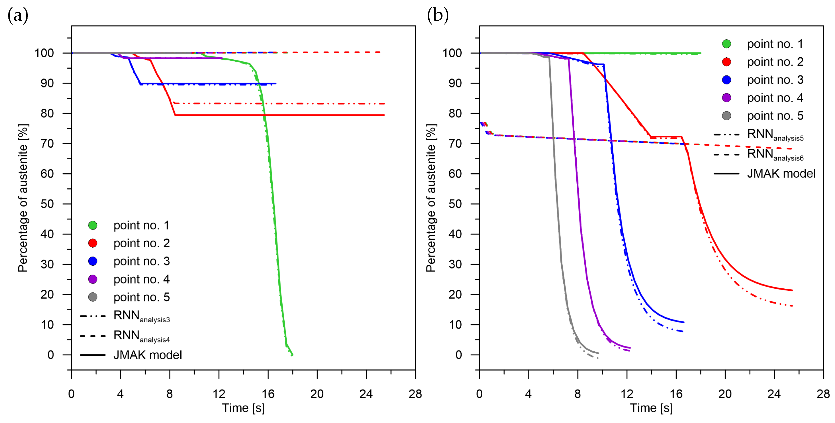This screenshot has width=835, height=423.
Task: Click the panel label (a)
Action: pyautogui.click(x=18, y=15)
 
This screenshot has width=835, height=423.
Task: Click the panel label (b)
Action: pyautogui.click(x=438, y=15)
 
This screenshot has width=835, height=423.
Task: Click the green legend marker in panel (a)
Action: pyautogui.click(x=93, y=225)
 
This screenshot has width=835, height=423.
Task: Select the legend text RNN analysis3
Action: pyautogui.click(x=141, y=316)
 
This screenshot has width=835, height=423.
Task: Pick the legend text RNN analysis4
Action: pyautogui.click(x=141, y=336)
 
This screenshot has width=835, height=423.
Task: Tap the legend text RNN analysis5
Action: pyautogui.click(x=775, y=135)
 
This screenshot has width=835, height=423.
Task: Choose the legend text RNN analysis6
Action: pyautogui.click(x=775, y=154)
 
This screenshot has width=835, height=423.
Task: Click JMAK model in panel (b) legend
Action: pyautogui.click(x=781, y=174)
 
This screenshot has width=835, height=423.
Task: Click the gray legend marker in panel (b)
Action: pyautogui.click(x=726, y=116)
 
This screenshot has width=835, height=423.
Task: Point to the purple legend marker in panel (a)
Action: pyautogui.click(x=93, y=279)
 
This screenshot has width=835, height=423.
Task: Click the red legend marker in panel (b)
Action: pyautogui.click(x=726, y=62)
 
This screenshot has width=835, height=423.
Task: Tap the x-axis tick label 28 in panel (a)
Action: pyautogui.click(x=415, y=394)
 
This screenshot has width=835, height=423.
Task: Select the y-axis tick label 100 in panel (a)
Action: pyautogui.click(x=44, y=53)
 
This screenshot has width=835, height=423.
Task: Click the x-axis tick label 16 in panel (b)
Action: pyautogui.click(x=676, y=394)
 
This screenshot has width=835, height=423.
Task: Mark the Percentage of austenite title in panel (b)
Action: pyautogui.click(x=431, y=198)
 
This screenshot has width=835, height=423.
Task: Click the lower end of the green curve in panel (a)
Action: pyautogui.click(x=292, y=355)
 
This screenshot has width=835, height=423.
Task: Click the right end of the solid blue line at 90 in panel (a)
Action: pyautogui.click(x=275, y=83)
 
